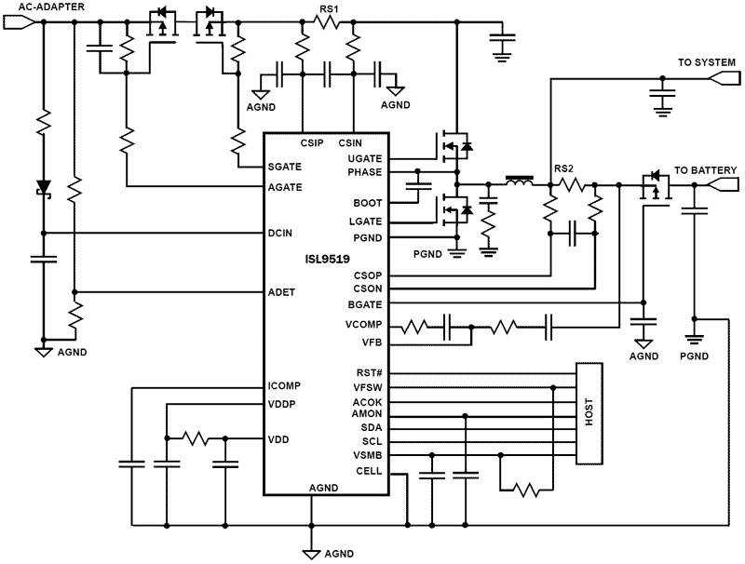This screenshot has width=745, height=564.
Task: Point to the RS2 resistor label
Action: (x=564, y=169)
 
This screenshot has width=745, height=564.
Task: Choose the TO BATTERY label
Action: (x=705, y=170)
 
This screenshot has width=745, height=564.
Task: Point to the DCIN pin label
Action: (x=280, y=233)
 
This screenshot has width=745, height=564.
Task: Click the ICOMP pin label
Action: (x=283, y=387)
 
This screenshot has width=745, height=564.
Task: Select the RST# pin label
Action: (x=371, y=373)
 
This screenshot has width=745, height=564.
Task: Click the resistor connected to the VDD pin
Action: (x=197, y=437)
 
